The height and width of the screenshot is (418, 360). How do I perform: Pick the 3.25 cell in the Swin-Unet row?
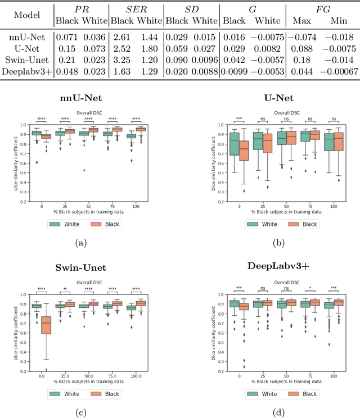tap(119, 61)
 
